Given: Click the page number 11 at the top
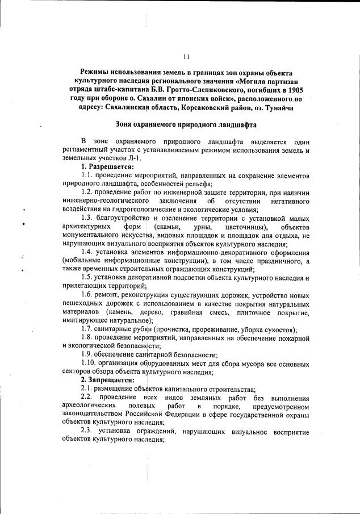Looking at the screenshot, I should [186, 57].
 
